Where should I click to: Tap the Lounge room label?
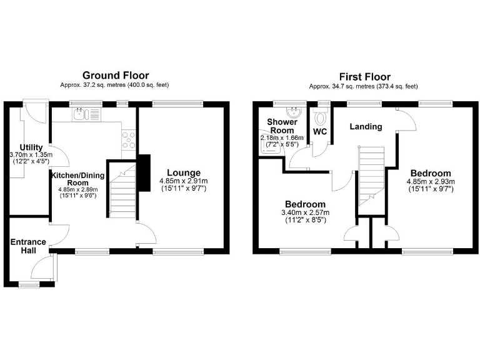point(183,172)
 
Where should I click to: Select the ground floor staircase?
point(123,191)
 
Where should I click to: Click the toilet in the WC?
point(321,119)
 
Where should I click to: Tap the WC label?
point(319,132)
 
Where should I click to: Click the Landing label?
point(366,127)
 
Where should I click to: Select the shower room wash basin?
point(293,112)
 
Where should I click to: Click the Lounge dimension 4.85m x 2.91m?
point(183,181)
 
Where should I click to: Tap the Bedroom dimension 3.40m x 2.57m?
point(305,213)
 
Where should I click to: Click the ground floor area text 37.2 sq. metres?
point(114,86)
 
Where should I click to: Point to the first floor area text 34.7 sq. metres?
point(363,86)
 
